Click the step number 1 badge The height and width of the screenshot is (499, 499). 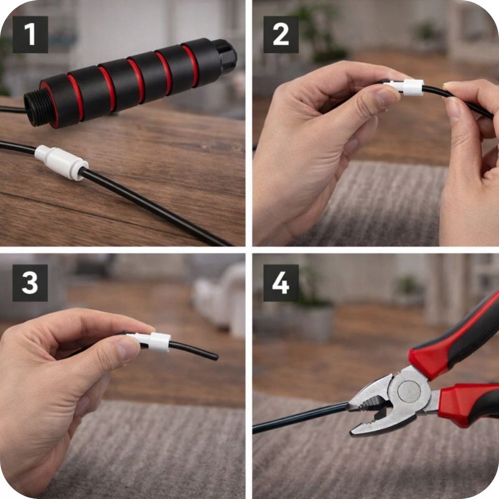[x=30, y=34]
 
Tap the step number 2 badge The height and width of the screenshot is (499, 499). [x=281, y=34]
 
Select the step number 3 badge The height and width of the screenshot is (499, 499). [x=30, y=283]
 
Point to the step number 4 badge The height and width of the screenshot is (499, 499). [x=281, y=283]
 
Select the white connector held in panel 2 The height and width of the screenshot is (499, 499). [x=405, y=87]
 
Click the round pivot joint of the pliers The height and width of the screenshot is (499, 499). [x=410, y=391]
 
